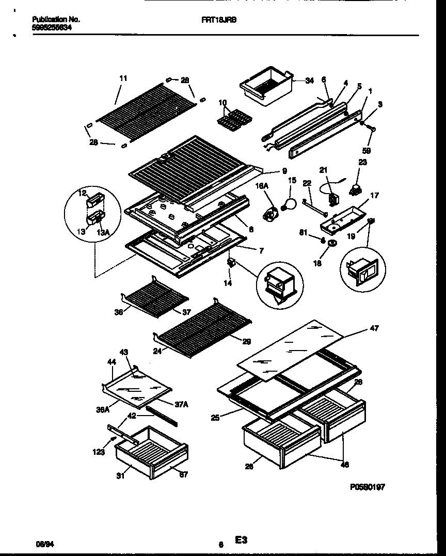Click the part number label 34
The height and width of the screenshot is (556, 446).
pyautogui.click(x=309, y=81)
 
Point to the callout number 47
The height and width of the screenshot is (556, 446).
pyautogui.click(x=374, y=328)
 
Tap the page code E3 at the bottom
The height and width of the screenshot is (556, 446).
pyautogui.click(x=241, y=540)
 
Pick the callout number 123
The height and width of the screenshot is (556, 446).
pyautogui.click(x=99, y=452)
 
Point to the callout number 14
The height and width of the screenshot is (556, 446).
pyautogui.click(x=228, y=283)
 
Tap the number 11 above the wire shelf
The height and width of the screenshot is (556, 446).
pyautogui.click(x=123, y=78)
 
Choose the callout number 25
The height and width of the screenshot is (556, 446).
pyautogui.click(x=215, y=418)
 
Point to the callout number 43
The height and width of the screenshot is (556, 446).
pyautogui.click(x=123, y=352)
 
